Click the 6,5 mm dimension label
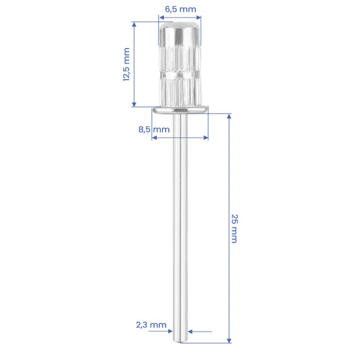tap(180, 9)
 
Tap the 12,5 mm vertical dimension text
tap(126, 64)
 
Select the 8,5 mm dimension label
tap(154, 130)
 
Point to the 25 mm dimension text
tap(234, 228)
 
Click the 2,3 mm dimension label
tap(151, 325)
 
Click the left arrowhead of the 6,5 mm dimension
tap(161, 18)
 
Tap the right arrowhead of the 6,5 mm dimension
tap(199, 18)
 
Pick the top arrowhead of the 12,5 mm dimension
tap(134, 24)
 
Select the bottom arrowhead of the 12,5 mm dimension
tap(134, 105)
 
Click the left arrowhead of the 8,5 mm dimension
tap(155, 138)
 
